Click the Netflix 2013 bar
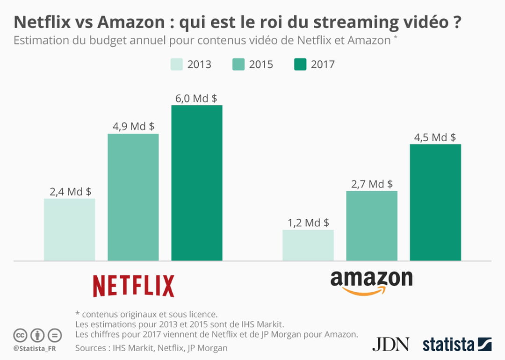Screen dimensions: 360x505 (x=70, y=230)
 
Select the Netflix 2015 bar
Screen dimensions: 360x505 (x=133, y=197)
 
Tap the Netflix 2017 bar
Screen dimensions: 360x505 (x=197, y=183)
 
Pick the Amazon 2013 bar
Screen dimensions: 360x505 (x=308, y=245)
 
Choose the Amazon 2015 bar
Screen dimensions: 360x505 (x=372, y=226)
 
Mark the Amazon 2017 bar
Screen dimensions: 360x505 (x=435, y=202)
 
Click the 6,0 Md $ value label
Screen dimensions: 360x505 (x=196, y=98)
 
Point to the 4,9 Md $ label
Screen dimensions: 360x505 (x=133, y=126)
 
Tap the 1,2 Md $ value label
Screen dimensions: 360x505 (x=308, y=223)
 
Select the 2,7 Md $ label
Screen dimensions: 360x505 (x=372, y=184)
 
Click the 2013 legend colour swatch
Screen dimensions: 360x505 (x=176, y=64)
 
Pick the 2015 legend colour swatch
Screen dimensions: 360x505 (x=238, y=64)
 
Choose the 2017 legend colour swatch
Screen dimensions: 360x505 (x=300, y=64)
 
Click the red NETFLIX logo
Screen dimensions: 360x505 (x=133, y=286)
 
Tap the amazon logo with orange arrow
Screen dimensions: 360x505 (x=371, y=282)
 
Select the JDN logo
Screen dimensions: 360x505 (x=390, y=344)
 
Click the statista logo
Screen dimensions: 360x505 (x=457, y=344)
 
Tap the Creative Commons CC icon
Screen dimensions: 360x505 (x=20, y=335)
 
